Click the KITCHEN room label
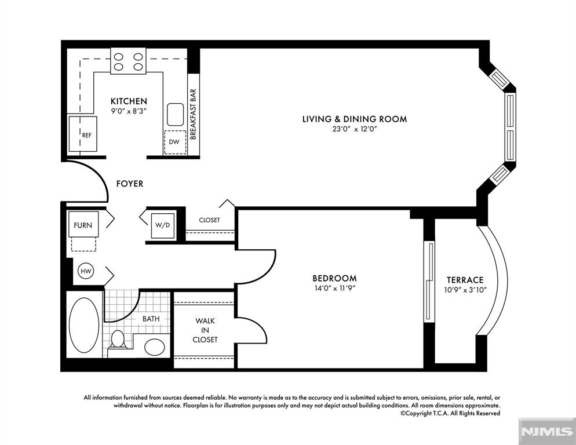(x=129, y=101)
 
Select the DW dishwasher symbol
(x=174, y=141)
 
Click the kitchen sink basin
(x=175, y=115)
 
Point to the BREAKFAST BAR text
(x=194, y=114)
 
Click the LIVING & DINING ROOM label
(x=354, y=119)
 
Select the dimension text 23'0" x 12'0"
(x=354, y=130)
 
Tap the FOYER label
(x=129, y=184)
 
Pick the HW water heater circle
(x=86, y=271)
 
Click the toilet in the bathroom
(x=118, y=339)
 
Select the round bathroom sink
(x=154, y=347)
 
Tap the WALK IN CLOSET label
(x=205, y=330)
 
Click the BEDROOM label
(x=334, y=278)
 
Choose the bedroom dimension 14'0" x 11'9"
(x=334, y=288)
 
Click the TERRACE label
(x=465, y=279)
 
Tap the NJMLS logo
(x=546, y=432)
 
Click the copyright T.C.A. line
(x=450, y=414)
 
